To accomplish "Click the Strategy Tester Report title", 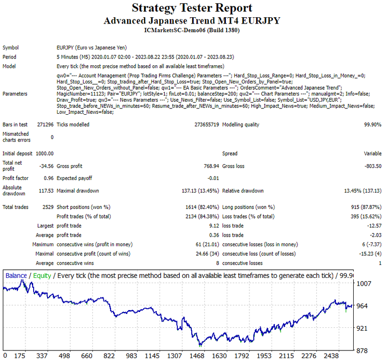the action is tap(192, 8).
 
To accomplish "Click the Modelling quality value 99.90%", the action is tap(372, 124).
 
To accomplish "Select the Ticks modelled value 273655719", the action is tap(207, 124).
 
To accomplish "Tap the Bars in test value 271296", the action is tap(45, 124).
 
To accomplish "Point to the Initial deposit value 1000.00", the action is tap(45, 154).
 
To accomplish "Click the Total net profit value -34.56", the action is tap(46, 166).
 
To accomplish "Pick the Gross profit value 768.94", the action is tap(211, 166).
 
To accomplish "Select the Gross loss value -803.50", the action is tap(373, 166).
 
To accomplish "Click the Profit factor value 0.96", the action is tap(49, 178).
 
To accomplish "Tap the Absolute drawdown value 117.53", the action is tap(46, 191).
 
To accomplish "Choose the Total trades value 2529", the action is tap(48, 207).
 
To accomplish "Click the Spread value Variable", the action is tap(372, 154).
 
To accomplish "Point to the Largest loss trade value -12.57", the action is tap(374, 226).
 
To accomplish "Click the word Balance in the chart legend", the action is tap(16, 276).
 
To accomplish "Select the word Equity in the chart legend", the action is tap(42, 276).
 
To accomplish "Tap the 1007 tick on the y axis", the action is tap(364, 284).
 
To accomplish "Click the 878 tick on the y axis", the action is tap(362, 351).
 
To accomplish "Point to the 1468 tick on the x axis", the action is tap(197, 356).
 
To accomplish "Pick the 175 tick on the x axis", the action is tap(20, 356).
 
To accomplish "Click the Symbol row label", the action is tap(11, 48).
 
